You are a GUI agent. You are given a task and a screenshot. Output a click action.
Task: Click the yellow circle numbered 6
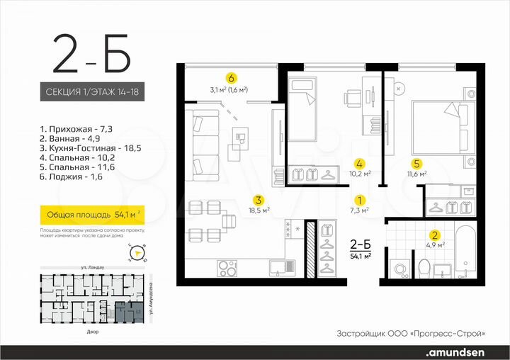click(x=230, y=77)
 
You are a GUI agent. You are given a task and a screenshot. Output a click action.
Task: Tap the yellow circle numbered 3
click(x=259, y=199)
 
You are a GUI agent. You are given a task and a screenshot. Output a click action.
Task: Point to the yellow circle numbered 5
click(x=418, y=162)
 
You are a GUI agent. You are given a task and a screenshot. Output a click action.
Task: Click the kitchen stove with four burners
click(x=228, y=268)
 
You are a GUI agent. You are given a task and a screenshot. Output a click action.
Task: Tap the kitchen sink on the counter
click(x=278, y=267)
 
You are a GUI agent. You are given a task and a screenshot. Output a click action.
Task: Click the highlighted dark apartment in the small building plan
click(x=128, y=310)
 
